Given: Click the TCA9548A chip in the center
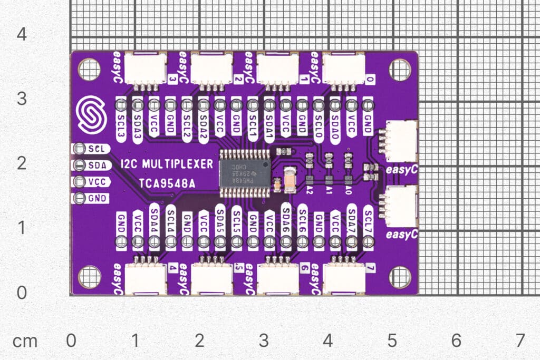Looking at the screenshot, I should [x=245, y=173].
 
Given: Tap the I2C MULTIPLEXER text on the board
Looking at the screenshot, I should [x=167, y=164].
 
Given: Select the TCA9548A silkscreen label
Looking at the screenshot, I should [x=167, y=183].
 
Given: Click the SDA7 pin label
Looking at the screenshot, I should [x=352, y=215].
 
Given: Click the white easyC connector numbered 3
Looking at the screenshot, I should [x=146, y=69].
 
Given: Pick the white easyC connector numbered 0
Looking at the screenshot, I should [x=343, y=69].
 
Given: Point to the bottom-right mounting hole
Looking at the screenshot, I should [x=400, y=277].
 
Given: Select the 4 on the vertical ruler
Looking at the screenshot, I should [x=22, y=35].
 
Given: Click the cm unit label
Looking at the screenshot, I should [x=25, y=341].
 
